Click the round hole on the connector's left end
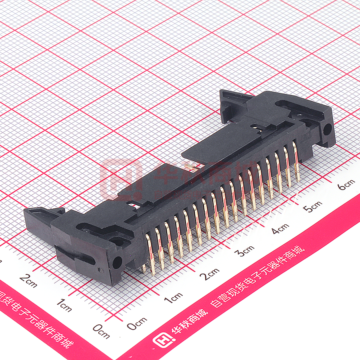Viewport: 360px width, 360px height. [x=117, y=263]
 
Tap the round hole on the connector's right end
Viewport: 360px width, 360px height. [x=328, y=129]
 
